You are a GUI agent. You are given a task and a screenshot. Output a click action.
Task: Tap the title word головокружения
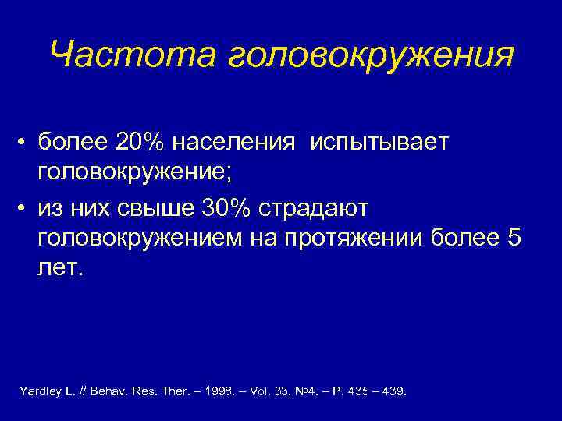[372, 57]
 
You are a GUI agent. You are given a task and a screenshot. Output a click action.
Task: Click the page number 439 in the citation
[394, 390]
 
